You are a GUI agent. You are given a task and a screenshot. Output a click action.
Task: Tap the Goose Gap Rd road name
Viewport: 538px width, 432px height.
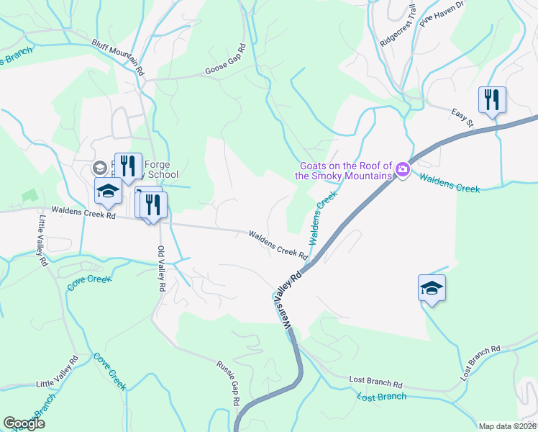(x=225, y=59)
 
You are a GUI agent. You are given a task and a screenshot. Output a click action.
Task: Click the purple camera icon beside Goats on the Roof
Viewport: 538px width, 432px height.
(x=402, y=171)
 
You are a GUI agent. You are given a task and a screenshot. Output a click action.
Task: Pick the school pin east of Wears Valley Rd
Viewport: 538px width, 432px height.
(x=432, y=288)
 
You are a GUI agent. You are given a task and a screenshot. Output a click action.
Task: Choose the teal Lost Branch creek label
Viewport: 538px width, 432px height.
(x=382, y=397)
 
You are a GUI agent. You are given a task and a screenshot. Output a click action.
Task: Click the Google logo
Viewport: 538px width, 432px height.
(x=24, y=423)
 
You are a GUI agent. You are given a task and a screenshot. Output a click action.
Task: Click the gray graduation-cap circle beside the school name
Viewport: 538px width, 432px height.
(x=99, y=167)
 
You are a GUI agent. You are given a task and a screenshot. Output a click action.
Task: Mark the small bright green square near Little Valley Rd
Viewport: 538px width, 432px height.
(x=29, y=194)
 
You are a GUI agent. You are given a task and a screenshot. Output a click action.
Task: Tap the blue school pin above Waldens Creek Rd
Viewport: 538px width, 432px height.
(x=108, y=192)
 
